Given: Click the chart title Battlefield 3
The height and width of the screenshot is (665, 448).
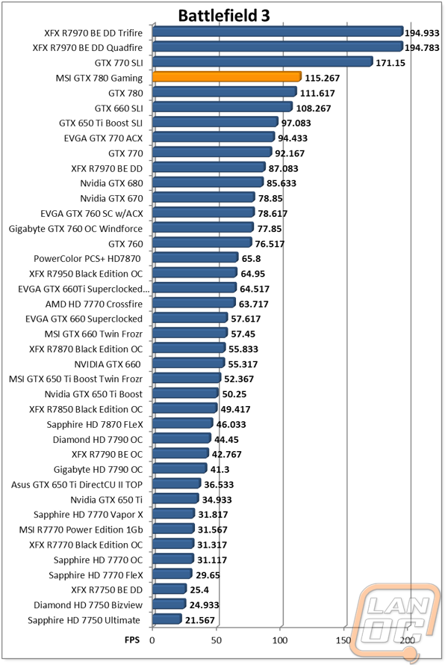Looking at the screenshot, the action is (223, 15).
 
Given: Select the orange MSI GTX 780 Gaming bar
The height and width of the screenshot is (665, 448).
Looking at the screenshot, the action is (227, 77).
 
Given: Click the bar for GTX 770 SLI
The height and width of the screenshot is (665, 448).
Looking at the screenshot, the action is (263, 62).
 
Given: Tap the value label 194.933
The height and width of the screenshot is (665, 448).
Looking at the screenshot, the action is (422, 33).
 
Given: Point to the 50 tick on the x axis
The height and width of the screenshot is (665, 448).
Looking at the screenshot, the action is (216, 640).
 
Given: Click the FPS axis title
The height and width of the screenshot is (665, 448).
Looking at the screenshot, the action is (132, 640).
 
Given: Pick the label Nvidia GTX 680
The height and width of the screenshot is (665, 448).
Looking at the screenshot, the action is (112, 183).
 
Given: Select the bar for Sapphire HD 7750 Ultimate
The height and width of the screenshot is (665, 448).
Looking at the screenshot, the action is (167, 619).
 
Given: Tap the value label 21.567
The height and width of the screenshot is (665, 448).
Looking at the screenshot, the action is (200, 620).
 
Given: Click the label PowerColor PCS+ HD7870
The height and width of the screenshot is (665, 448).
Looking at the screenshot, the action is (87, 259).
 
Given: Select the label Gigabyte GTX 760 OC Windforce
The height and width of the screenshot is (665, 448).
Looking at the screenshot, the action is (76, 229).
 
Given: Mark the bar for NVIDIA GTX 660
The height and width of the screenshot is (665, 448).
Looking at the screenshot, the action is (188, 363).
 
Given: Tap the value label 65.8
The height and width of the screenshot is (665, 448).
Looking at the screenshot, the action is (252, 259).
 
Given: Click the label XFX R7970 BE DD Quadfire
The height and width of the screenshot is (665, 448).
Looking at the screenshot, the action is (87, 48).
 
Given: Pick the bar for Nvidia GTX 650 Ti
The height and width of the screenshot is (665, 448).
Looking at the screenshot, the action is (175, 498).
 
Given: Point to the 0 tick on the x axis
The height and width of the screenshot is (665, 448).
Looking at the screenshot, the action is (152, 640).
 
